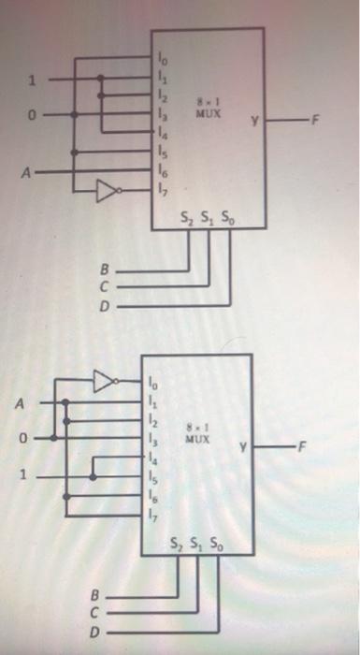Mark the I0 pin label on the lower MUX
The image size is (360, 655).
click(153, 382)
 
